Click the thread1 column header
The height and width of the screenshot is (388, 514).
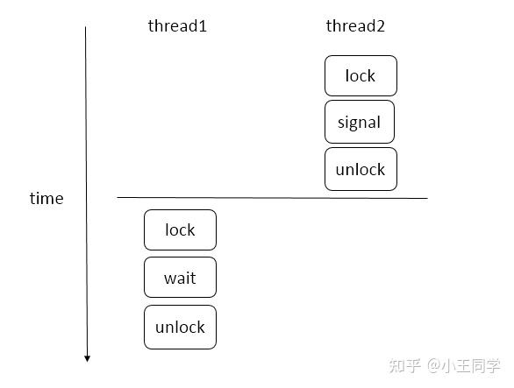click(177, 26)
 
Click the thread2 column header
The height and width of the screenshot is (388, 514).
click(355, 26)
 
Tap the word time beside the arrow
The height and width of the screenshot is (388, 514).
click(46, 199)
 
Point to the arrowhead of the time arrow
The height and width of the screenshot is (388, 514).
click(87, 356)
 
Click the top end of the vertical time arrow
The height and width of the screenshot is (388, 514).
click(86, 28)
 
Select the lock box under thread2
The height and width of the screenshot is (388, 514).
click(361, 76)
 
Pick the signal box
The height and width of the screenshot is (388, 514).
click(360, 123)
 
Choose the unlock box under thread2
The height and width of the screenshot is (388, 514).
click(361, 170)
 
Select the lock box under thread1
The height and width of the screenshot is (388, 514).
click(180, 230)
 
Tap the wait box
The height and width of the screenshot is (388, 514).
click(180, 279)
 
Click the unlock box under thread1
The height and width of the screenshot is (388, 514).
click(180, 328)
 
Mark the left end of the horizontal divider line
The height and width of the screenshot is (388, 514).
click(118, 198)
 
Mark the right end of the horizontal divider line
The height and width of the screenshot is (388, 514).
click(427, 198)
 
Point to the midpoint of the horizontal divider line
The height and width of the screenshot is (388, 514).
click(273, 198)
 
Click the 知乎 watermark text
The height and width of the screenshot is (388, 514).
click(406, 364)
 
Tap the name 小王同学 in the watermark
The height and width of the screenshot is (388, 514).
click(473, 364)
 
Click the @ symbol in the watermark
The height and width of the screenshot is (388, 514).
click(435, 365)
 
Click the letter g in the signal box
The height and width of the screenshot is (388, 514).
click(358, 124)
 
